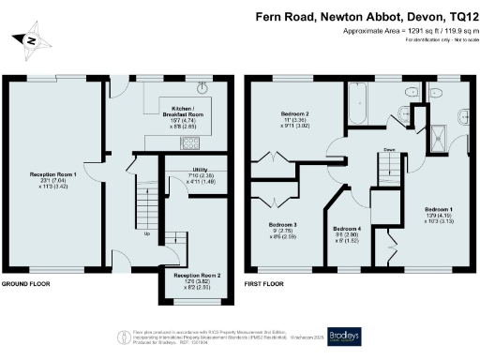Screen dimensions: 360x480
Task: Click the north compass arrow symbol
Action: tap(31, 40)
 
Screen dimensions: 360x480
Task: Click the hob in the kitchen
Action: tap(191, 143)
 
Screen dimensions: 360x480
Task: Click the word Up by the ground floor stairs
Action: tap(145, 234)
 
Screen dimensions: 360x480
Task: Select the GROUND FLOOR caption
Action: tap(25, 283)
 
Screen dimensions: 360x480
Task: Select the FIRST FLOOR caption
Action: tap(263, 283)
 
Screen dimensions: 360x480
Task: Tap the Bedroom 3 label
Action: tap(282, 231)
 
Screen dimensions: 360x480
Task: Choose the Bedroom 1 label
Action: tap(439, 213)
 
